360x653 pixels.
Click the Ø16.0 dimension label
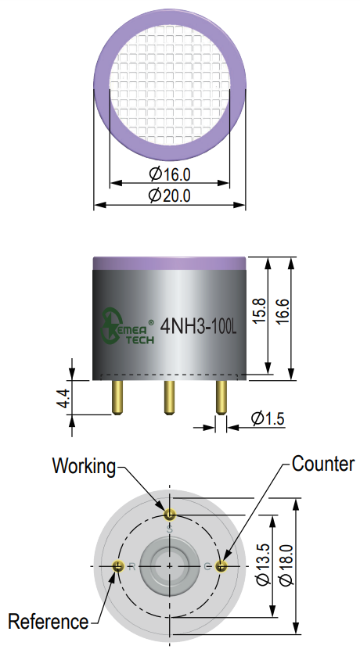click(x=170, y=174)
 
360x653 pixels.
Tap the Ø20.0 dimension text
click(x=170, y=195)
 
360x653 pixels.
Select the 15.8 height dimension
click(x=259, y=310)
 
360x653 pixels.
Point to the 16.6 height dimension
click(x=283, y=310)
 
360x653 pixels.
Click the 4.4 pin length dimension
click(x=63, y=398)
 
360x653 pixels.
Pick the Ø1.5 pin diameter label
click(x=268, y=418)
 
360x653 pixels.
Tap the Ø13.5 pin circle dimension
click(x=263, y=565)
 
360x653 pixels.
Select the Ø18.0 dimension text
click(x=286, y=565)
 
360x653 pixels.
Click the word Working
click(x=85, y=466)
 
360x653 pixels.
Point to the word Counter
click(x=323, y=464)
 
